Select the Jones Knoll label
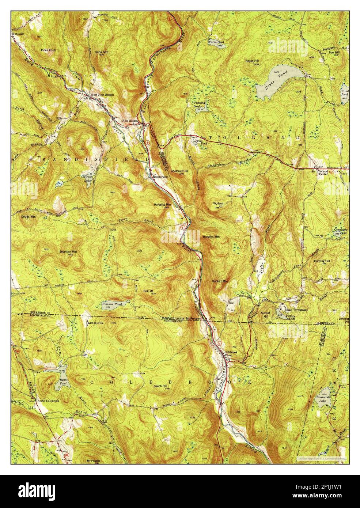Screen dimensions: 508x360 point(48,50)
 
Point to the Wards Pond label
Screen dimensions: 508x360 point(216,42)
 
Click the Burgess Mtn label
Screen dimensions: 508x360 point(212,237)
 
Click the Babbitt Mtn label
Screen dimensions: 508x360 point(220,281)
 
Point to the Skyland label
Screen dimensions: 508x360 point(218,203)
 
